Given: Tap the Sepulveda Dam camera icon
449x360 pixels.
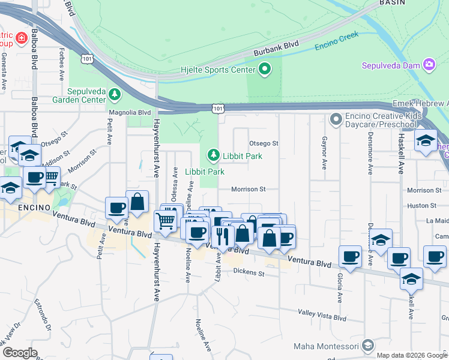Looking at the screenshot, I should tap(429, 64).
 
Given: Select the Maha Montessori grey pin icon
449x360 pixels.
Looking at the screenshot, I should tap(368, 346).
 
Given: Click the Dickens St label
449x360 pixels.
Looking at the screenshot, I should tap(249, 273).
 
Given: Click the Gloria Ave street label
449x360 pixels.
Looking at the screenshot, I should tap(340, 289).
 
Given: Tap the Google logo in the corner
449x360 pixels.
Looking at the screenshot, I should tap(19, 353).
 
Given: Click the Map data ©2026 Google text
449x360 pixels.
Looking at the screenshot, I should tap(411, 355).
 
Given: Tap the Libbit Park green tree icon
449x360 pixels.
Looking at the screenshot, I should tap(212, 156).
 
